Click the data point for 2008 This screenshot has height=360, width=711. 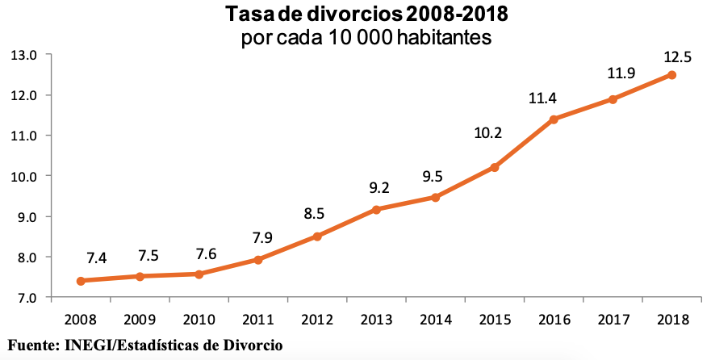pos(81,281)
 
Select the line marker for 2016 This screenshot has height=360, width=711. pos(554,119)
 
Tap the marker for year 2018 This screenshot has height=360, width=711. pos(671,75)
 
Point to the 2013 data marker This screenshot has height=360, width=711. pos(376,210)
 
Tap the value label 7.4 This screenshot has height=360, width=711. pos(96,258)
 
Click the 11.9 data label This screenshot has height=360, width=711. pos(621,73)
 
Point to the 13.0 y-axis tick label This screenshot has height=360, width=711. pos(24,55)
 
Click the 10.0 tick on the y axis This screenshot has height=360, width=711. pos(24,176)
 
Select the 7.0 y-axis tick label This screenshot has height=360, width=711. pos(24,298)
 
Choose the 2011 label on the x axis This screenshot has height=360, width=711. pos(258,319)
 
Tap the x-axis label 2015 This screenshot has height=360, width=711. pos(495,319)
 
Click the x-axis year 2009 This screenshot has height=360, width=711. pos(140,319)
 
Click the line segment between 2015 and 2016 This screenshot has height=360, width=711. pos(524,144)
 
